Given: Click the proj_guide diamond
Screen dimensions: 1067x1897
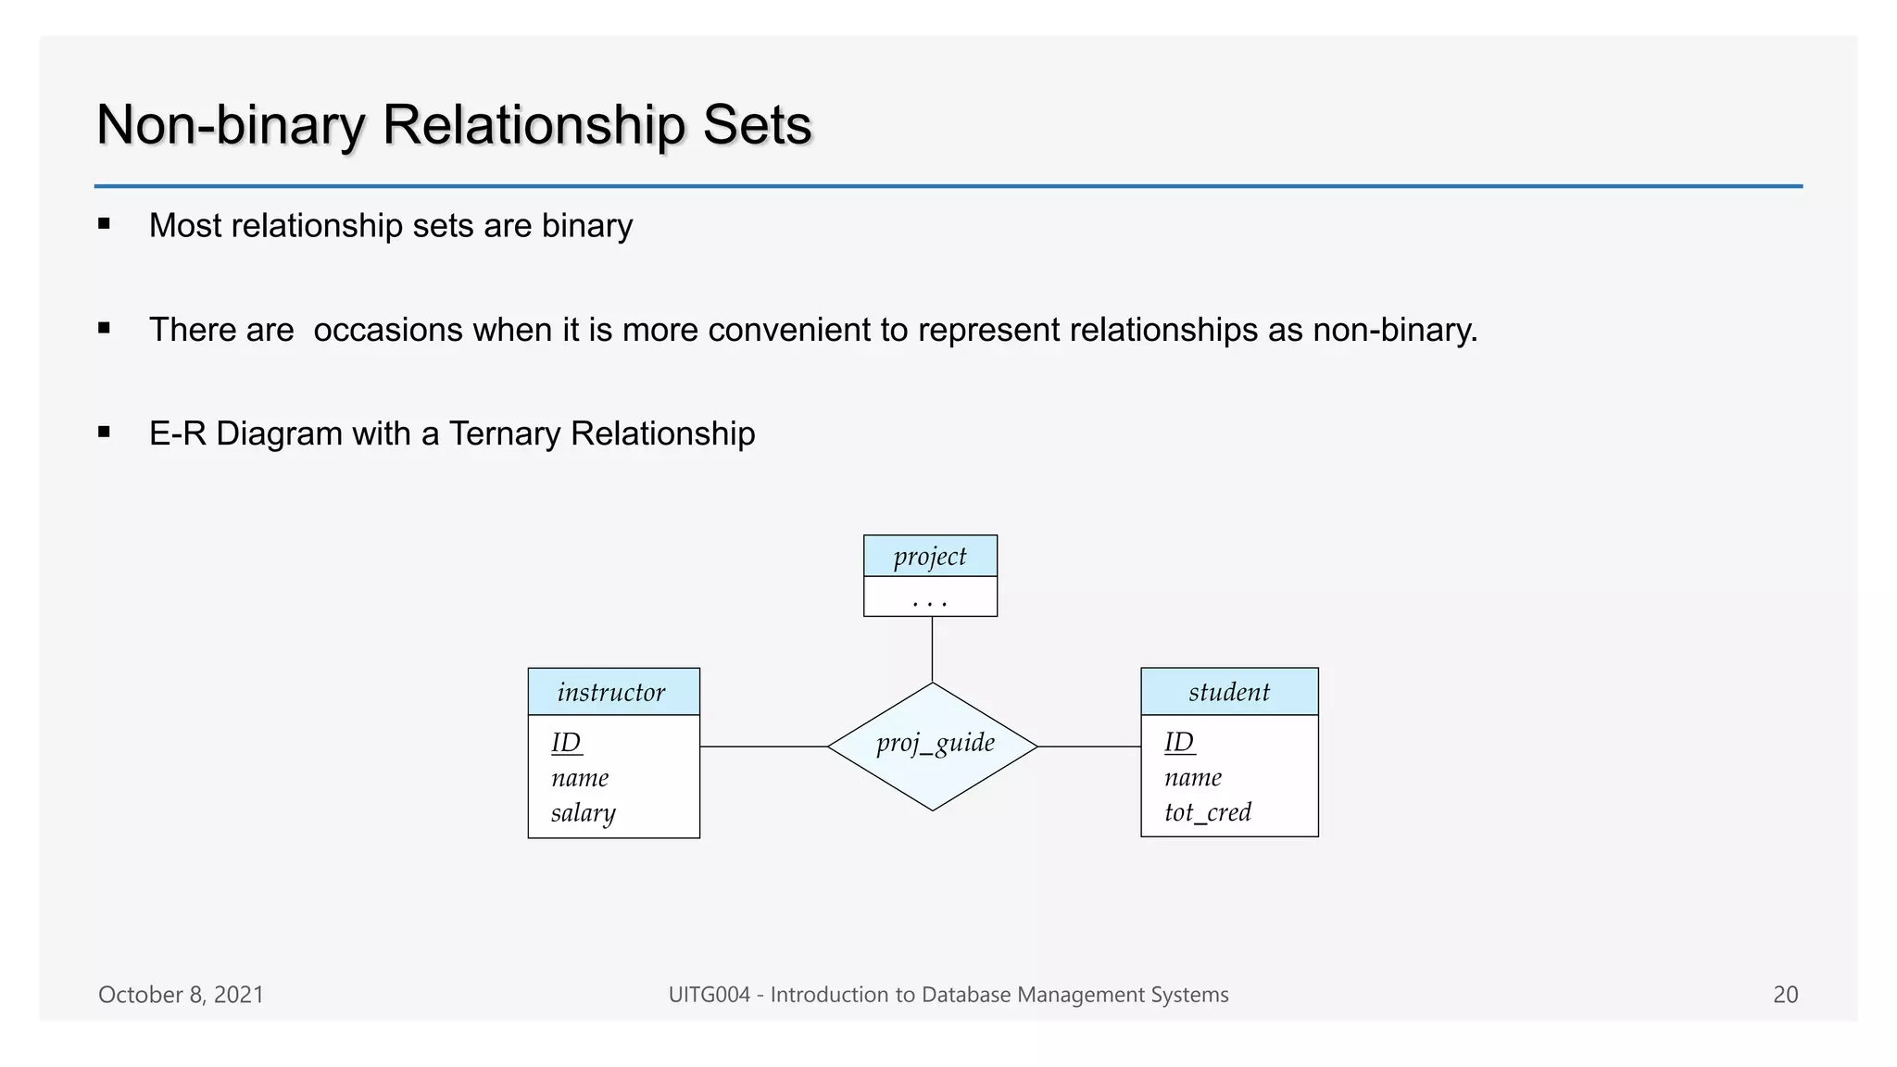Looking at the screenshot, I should (x=933, y=746).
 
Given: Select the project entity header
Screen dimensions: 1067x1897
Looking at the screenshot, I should (x=930, y=556).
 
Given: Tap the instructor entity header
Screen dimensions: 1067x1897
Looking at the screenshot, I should (x=613, y=692).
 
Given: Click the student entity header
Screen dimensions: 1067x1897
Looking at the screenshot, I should (x=1229, y=692).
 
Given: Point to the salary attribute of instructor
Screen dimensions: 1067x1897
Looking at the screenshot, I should (x=583, y=813).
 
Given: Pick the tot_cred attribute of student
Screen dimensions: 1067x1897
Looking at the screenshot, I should (x=1208, y=812).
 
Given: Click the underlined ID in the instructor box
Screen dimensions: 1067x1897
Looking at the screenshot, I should (x=566, y=743).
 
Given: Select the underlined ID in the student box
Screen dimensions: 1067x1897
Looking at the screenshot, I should (x=1179, y=742).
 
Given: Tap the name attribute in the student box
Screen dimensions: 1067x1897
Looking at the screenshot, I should (x=1193, y=777).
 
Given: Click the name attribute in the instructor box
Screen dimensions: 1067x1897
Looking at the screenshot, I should (x=580, y=778).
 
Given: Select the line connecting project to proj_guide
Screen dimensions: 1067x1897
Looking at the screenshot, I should (x=932, y=649).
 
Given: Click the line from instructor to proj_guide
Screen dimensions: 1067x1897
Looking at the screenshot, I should (x=763, y=747).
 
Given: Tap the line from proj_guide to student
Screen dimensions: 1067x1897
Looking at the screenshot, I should (x=1089, y=747).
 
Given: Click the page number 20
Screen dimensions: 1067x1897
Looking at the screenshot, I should (x=1785, y=995).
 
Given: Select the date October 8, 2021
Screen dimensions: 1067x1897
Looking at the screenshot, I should (x=181, y=995).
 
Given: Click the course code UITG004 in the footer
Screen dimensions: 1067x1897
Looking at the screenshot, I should (x=709, y=995).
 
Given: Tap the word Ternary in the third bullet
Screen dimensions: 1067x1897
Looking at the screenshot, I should (x=505, y=433).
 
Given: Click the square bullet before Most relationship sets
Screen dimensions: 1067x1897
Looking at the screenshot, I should (x=104, y=223).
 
